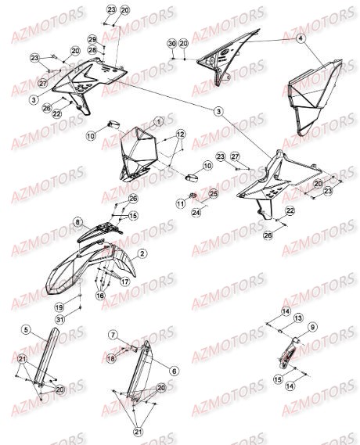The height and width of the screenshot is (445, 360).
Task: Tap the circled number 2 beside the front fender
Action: [x=143, y=253]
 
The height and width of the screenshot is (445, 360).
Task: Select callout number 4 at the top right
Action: [x=299, y=38]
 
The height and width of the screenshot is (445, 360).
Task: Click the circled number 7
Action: [x=113, y=335]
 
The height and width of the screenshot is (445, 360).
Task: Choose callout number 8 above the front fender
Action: [x=77, y=223]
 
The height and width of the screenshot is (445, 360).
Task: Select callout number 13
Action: [x=298, y=318]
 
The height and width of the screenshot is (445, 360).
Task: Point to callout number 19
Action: [x=81, y=307]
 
